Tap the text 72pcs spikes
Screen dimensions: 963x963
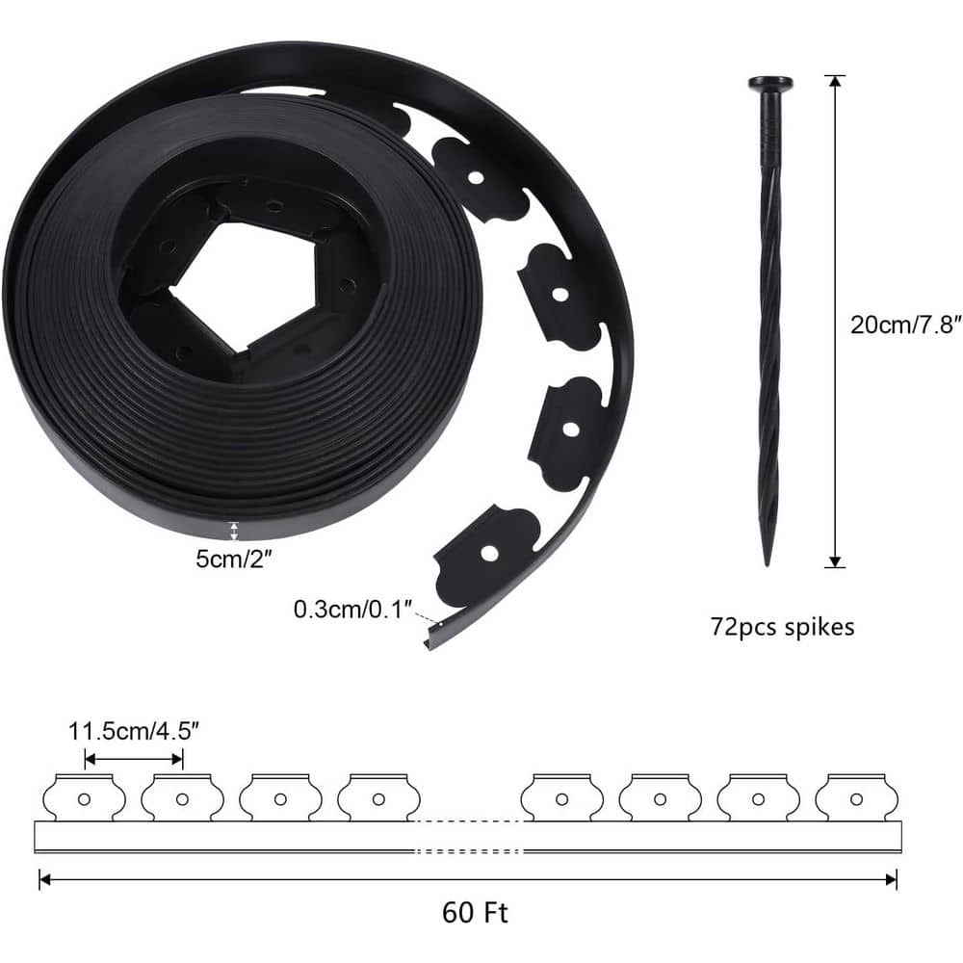[x=782, y=627]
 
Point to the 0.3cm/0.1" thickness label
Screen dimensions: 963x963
[x=353, y=609]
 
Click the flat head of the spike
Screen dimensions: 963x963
[x=769, y=83]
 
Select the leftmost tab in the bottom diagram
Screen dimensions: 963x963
[x=85, y=797]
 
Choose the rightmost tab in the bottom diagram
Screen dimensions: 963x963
[x=855, y=797]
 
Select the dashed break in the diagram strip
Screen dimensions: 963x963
[x=469, y=836]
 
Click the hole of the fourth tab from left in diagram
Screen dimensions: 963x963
[x=378, y=798]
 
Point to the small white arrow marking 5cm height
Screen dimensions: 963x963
[x=233, y=531]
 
